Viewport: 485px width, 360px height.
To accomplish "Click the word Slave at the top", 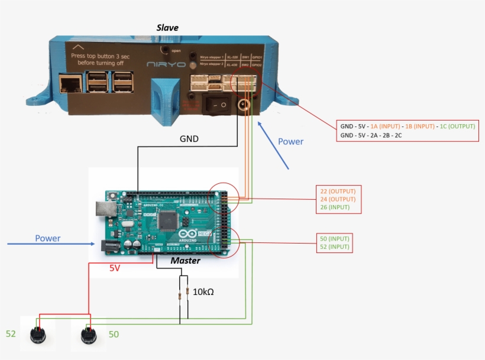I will (167, 28).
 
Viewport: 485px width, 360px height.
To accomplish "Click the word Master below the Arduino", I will (186, 261).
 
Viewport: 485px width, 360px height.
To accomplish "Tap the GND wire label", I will (189, 140).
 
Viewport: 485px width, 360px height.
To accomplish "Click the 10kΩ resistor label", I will (203, 291).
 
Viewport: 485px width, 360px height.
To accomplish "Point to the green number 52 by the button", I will (10, 334).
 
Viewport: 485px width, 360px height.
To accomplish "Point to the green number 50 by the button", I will (114, 335).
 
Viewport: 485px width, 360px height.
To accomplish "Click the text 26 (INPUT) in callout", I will (335, 207).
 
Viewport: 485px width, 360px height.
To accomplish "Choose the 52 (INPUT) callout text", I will (335, 247).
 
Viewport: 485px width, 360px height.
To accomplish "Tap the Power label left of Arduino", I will (48, 238).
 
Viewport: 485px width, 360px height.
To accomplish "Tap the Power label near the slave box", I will (290, 141).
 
